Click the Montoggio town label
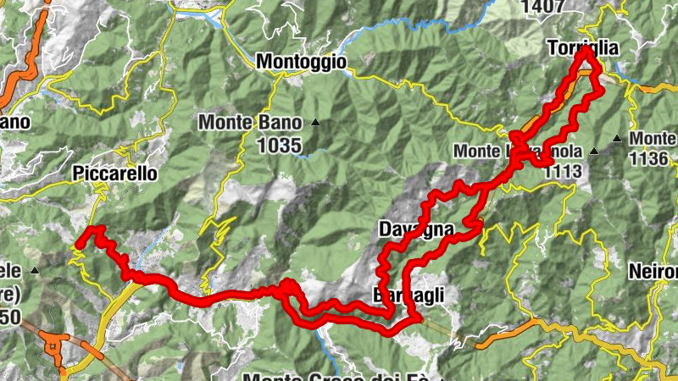tap(301, 62)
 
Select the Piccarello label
tap(115, 173)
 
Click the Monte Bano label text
tap(251, 123)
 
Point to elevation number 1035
tap(278, 146)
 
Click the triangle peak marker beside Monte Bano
tap(315, 123)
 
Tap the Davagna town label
tap(416, 229)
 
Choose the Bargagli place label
tap(408, 295)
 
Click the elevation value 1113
tap(563, 172)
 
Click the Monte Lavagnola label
tap(517, 152)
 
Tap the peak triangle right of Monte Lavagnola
tap(594, 152)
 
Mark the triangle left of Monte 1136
tap(618, 138)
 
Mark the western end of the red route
tap(77, 246)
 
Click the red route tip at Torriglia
tap(586, 52)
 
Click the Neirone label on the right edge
tap(654, 273)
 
